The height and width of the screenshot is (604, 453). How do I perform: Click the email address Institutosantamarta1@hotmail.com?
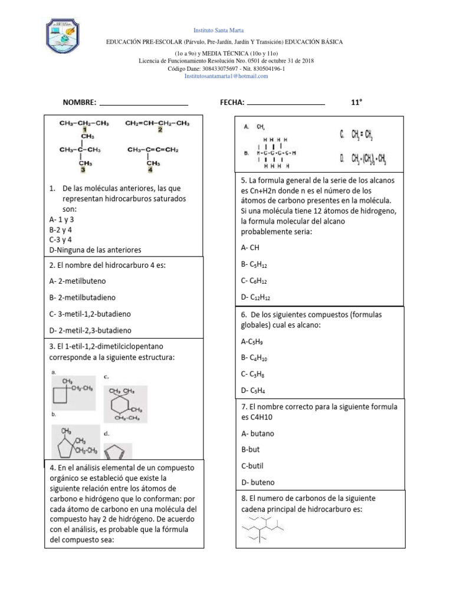(226, 76)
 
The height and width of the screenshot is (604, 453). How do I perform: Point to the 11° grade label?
(356, 102)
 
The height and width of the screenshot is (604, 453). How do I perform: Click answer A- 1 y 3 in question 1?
(62, 219)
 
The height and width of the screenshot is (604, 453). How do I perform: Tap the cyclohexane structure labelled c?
(125, 405)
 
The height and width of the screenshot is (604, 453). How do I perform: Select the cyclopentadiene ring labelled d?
(117, 452)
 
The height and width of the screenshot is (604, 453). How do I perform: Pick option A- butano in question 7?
(258, 434)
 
